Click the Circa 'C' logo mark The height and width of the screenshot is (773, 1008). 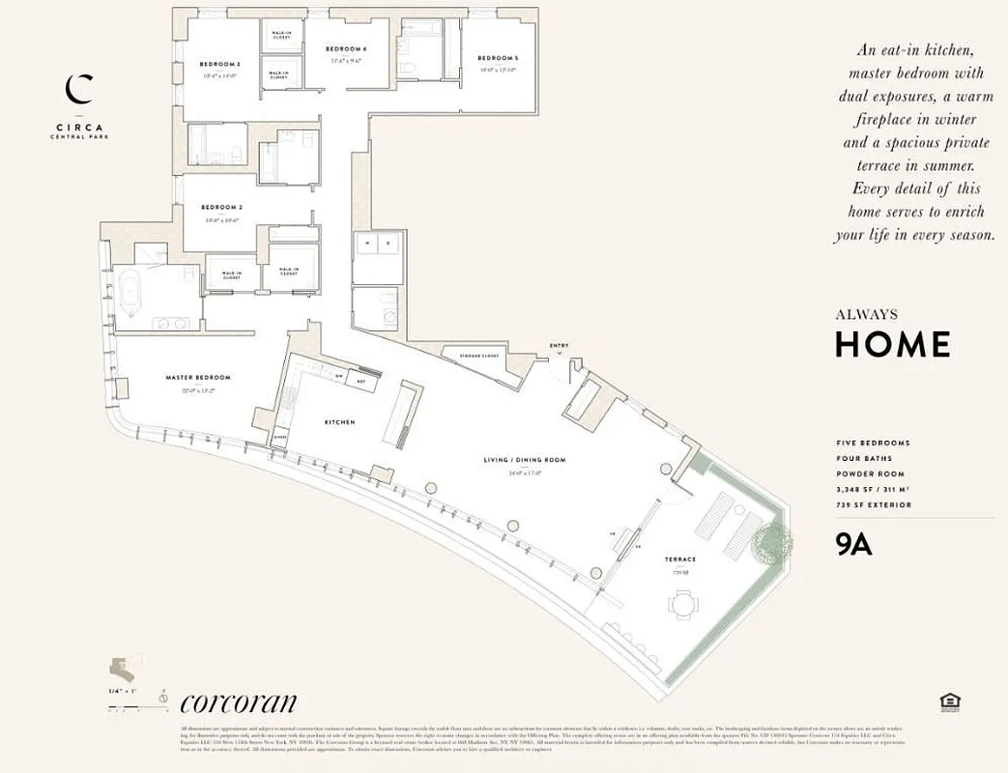(x=78, y=89)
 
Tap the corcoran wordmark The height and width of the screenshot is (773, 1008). (x=238, y=702)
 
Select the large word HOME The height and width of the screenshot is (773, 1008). (x=892, y=344)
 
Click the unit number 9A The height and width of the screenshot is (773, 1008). (x=853, y=545)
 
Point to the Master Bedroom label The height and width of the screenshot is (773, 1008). (x=198, y=378)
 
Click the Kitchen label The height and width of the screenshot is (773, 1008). (x=339, y=422)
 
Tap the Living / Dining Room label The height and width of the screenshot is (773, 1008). (x=525, y=460)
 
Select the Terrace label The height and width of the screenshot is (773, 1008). (x=679, y=559)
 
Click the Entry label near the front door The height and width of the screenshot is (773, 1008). (x=559, y=345)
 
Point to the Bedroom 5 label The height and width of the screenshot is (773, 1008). (x=497, y=59)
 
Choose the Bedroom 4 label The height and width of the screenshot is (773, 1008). (x=346, y=49)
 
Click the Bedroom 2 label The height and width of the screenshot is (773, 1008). (x=220, y=208)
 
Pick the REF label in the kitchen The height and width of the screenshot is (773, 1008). (x=360, y=382)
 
